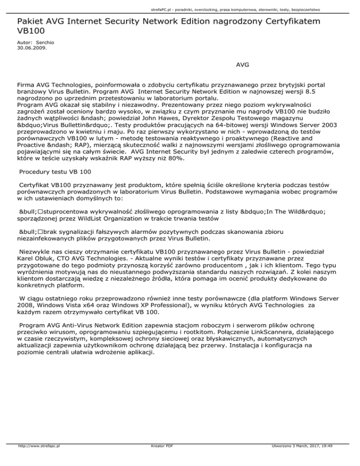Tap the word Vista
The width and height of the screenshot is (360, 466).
(56, 311)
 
